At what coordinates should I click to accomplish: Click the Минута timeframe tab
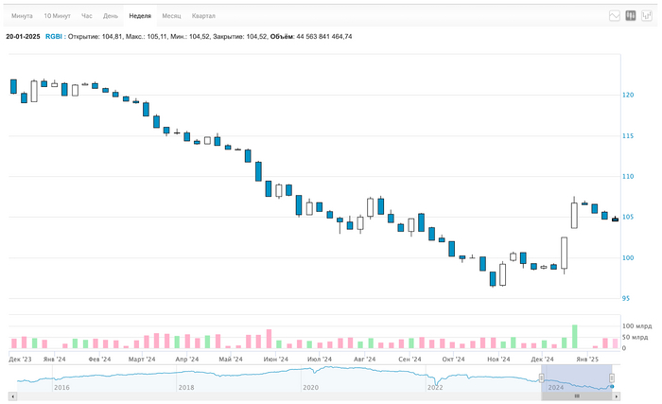22,16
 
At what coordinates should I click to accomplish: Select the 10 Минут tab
57,16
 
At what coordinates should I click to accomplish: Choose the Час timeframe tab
87,16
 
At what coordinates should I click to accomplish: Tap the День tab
111,16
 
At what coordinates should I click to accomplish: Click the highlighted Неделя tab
140,16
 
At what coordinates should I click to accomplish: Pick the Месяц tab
171,16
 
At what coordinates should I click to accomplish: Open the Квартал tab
203,16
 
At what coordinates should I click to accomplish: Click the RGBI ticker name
54,37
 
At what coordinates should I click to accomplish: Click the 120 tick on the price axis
628,95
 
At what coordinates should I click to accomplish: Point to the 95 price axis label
626,298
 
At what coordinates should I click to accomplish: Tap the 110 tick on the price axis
628,176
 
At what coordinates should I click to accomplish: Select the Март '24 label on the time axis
142,360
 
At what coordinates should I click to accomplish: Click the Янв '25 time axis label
588,360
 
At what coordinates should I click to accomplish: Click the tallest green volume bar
574,337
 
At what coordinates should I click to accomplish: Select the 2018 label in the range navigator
186,387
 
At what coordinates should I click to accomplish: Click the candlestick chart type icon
631,15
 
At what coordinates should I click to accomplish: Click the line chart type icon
614,15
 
